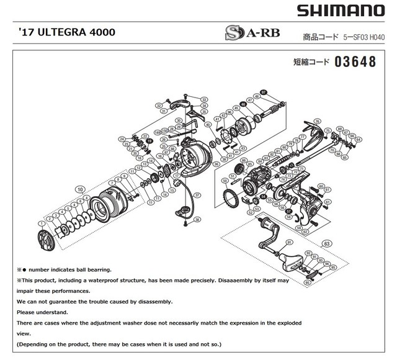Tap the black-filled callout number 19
[x=149, y=142]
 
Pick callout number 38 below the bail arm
[x=197, y=220]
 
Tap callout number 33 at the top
[x=204, y=100]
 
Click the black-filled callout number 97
[x=263, y=92]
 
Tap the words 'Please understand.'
[x=42, y=312]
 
